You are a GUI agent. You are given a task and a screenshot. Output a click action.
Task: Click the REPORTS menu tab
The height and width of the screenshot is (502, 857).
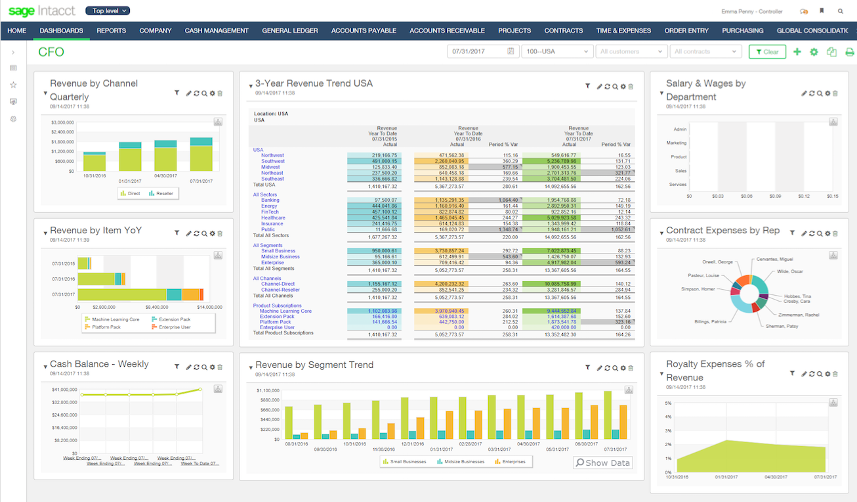[111, 30]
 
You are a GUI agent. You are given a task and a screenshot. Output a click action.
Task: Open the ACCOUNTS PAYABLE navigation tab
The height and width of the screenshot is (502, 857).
[364, 30]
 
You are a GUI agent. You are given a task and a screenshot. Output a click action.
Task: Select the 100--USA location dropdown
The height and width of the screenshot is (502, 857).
[556, 51]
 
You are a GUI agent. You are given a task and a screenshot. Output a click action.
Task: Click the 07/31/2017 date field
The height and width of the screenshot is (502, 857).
[482, 51]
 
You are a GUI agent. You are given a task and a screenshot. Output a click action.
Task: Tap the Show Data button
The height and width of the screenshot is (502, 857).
[602, 463]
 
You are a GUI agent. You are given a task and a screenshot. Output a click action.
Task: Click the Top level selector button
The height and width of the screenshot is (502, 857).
[108, 11]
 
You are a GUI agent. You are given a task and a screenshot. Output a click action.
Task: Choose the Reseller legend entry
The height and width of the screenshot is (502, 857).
[161, 193]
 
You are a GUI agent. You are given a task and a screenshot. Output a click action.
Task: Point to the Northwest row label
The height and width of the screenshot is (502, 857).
[272, 156]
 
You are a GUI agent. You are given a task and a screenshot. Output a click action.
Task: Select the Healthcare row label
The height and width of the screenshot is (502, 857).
[273, 218]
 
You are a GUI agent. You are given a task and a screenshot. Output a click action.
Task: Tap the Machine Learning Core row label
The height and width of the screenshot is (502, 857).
[286, 311]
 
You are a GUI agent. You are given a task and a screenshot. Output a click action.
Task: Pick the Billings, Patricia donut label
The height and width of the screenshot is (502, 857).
[710, 322]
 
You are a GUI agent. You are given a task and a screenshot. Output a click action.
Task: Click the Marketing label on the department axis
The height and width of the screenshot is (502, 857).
[677, 143]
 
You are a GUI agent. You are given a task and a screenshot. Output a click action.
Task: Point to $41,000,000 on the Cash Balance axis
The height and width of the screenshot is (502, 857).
[64, 390]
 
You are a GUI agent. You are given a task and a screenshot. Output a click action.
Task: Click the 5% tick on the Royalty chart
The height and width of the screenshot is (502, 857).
[668, 403]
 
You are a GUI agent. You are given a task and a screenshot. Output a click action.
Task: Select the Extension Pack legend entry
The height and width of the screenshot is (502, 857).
[174, 319]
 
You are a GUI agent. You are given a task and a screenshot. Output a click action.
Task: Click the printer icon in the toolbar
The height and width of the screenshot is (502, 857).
[849, 52]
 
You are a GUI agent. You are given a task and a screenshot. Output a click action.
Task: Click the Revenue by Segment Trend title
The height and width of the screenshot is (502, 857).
[314, 365]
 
